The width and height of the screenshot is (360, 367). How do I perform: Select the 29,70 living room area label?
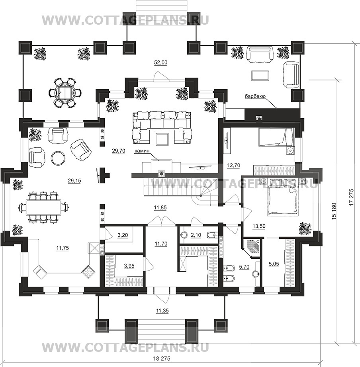coord(119,151)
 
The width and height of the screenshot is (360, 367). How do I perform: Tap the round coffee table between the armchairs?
coord(58,158)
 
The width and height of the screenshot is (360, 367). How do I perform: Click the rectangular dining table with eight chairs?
coord(43,207)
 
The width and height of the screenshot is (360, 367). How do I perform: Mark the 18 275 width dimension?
coord(161,358)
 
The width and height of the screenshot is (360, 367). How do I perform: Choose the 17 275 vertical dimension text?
coord(350,197)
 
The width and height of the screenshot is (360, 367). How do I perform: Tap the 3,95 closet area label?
coord(129,266)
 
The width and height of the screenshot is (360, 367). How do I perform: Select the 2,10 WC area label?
coord(196,235)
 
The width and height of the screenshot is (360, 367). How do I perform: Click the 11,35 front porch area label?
coord(162,311)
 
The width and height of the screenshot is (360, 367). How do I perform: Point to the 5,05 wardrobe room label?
coord(274,264)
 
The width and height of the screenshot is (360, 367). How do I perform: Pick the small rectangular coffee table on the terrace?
coord(260,75)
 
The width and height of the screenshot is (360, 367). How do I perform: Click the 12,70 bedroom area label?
coord(233,165)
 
